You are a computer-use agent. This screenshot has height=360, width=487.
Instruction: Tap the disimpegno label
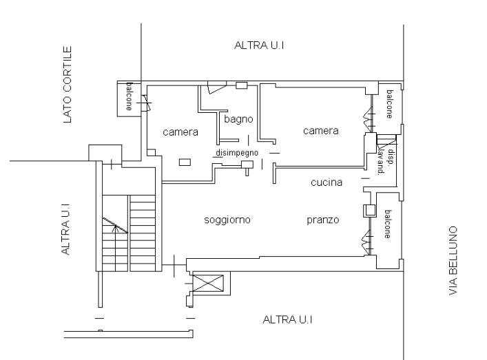(x=236, y=152)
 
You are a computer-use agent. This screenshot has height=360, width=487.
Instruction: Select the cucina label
(x=322, y=182)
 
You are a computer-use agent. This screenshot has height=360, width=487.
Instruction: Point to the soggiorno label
(x=227, y=220)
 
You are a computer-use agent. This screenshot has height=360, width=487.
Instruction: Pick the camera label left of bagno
(x=180, y=131)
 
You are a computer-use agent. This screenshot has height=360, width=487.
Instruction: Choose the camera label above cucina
(x=321, y=130)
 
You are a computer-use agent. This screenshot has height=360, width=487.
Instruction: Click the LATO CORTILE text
(x=68, y=85)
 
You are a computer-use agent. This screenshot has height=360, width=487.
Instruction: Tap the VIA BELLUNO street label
(x=453, y=261)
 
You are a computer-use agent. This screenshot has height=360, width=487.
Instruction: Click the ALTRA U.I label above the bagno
(x=260, y=45)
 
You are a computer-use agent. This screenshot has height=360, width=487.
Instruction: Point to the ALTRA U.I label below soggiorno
(x=289, y=320)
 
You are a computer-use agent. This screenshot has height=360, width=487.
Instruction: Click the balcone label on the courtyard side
(x=129, y=97)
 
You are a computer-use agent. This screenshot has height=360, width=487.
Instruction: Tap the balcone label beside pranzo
(x=388, y=224)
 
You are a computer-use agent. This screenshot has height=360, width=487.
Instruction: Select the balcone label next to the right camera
(x=388, y=104)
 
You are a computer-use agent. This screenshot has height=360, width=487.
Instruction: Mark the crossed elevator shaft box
(x=211, y=282)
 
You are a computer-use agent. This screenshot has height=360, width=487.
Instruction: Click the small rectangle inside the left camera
(x=185, y=162)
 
